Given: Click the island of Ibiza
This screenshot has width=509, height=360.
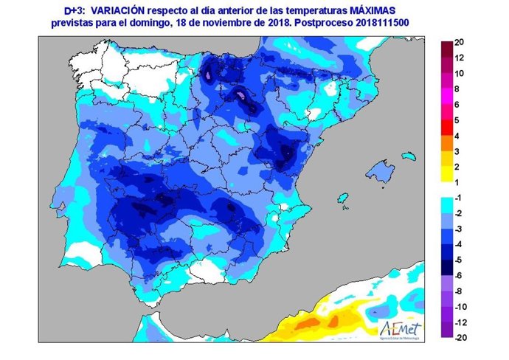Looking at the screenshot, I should click(x=342, y=199).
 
